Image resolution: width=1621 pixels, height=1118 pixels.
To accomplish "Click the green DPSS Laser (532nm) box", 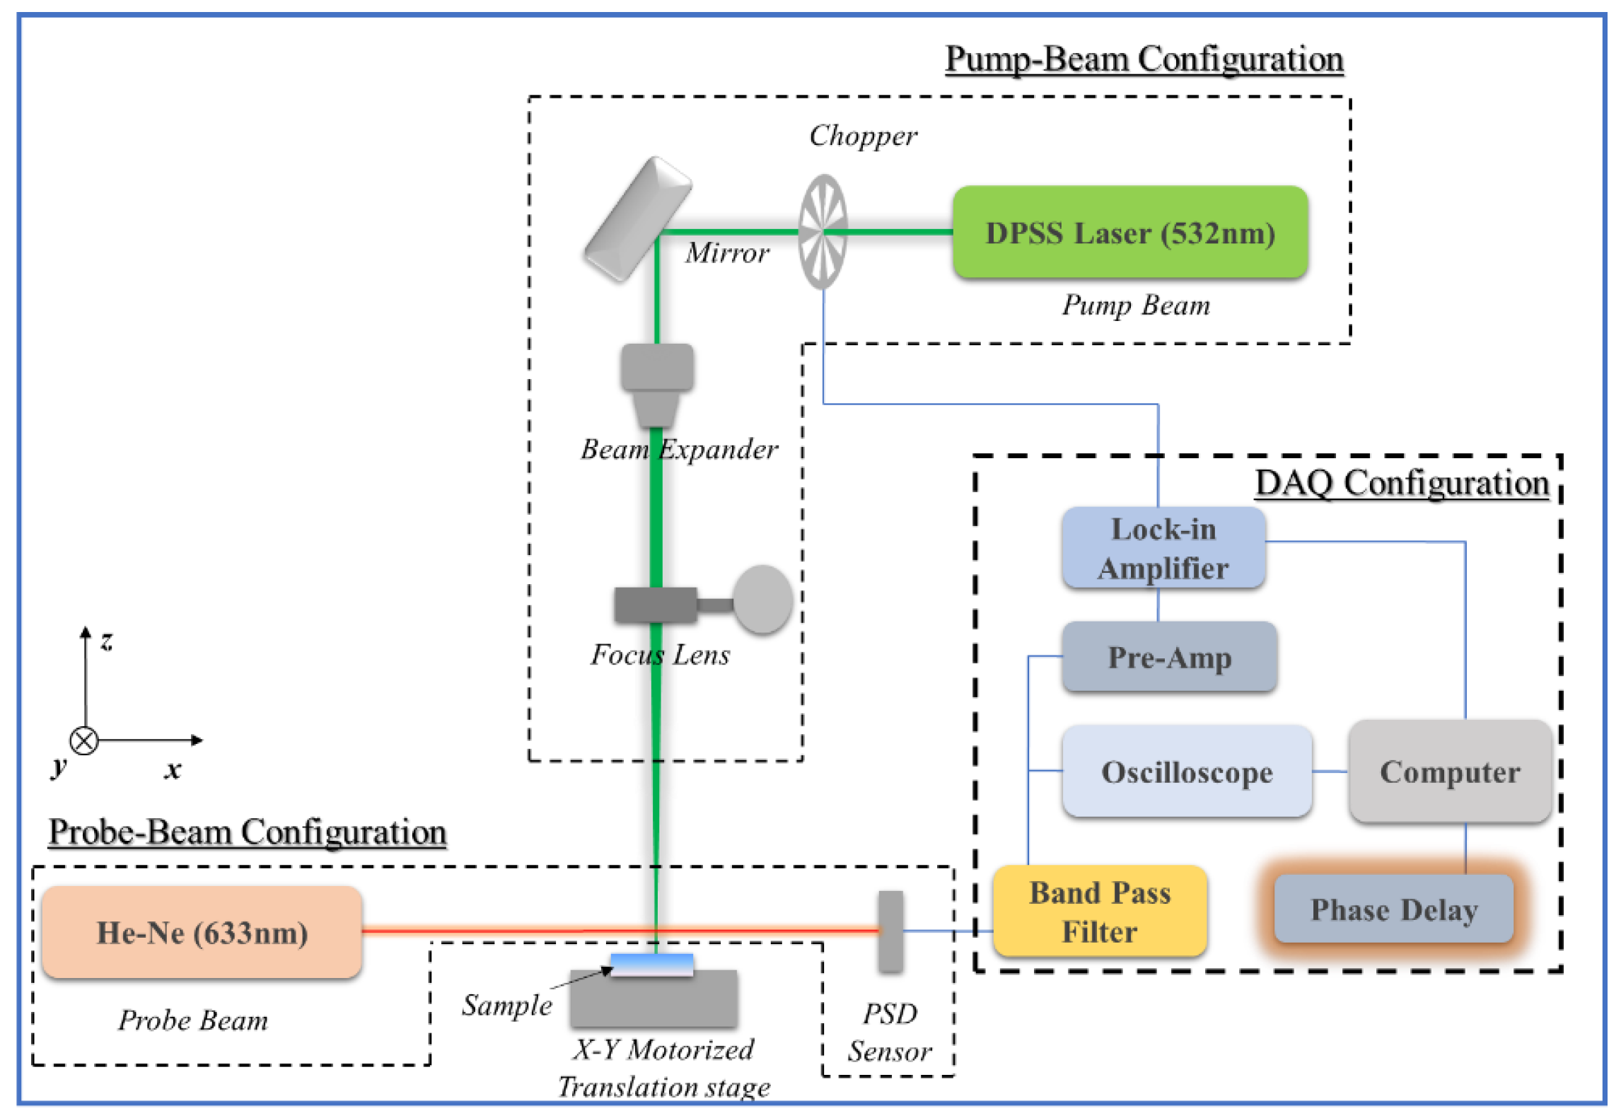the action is point(1129,232).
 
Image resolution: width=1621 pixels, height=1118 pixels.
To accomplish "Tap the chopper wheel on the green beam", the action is point(823,232).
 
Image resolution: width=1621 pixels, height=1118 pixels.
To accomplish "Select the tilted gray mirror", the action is point(637,219).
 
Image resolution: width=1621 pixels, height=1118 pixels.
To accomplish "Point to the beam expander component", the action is point(657,385).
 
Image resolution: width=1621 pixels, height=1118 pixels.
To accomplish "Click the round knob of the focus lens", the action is point(762,599).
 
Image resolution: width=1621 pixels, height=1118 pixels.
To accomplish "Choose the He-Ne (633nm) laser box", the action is point(202,932).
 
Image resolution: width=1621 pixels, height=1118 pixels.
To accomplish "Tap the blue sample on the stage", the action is point(652,965).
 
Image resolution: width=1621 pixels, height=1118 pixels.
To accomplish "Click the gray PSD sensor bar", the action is point(890,931).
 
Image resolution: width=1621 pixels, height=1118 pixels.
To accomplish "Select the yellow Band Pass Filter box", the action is point(1100,911).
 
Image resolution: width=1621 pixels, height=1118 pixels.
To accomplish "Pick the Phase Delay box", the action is point(1393,909).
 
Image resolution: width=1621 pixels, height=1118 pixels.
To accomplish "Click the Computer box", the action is point(1450,771).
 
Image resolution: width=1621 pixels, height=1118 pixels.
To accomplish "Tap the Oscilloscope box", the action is point(1187,771).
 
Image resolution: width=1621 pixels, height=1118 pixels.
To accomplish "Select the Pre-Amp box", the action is point(1169,656).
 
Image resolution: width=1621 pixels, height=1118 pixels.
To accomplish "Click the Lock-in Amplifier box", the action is point(1163,547).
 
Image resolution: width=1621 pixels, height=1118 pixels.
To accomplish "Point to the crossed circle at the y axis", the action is point(84,740).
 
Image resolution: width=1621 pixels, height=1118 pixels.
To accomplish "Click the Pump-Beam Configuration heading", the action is point(1144,59).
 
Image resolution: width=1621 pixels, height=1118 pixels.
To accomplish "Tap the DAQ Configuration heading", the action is point(1402,483).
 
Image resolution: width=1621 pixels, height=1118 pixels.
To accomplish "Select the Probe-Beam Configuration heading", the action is point(248,832).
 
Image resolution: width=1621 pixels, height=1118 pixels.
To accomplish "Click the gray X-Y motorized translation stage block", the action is point(653,998).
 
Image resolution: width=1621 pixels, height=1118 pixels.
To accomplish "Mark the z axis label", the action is point(106,641).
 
